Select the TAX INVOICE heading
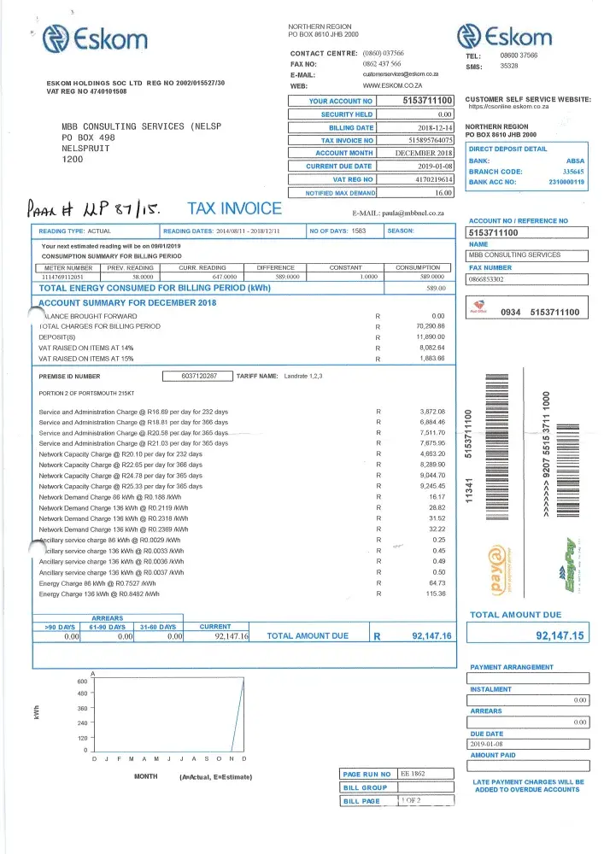(x=234, y=208)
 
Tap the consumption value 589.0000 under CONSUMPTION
(x=419, y=277)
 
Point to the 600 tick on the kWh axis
(x=83, y=681)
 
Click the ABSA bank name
(x=575, y=161)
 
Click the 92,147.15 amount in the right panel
(x=560, y=635)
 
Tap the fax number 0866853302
(x=486, y=278)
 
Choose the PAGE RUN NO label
(x=367, y=774)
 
